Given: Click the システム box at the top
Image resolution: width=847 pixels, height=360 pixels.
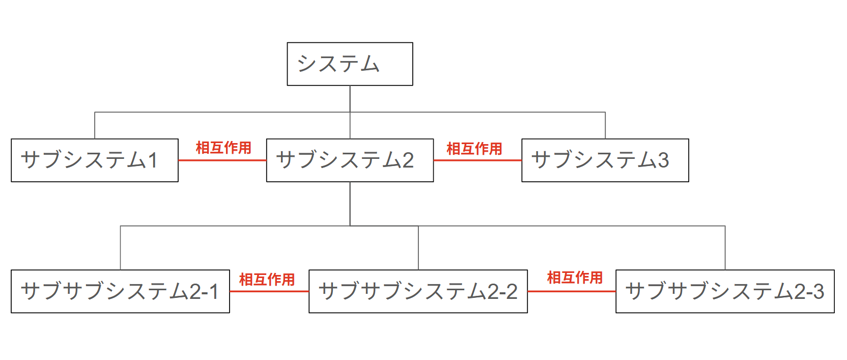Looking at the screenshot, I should point(350,64).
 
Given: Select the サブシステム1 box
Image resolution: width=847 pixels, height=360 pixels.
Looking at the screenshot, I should point(95,160).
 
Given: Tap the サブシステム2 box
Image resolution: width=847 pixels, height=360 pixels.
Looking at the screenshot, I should point(350,160).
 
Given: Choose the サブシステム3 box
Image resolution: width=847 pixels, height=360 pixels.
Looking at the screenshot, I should point(605,160).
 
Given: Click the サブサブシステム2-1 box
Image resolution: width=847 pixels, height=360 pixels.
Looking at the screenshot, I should point(120,291).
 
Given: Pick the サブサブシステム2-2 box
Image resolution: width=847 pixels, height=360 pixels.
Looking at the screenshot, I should point(418,291).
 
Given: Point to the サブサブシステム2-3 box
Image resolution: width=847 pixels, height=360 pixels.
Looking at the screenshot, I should point(725,291).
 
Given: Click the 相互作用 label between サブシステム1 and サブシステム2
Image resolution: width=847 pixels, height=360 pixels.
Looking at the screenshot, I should point(223,148).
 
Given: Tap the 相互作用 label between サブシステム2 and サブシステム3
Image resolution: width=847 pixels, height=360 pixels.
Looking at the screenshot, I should point(474,149).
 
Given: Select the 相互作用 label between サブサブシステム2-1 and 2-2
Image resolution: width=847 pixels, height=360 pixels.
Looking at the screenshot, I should point(267,280).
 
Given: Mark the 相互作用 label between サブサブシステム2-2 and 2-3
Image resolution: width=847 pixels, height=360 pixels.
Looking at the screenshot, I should point(575,278).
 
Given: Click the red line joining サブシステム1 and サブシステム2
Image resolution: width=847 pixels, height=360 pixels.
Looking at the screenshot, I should point(222,160).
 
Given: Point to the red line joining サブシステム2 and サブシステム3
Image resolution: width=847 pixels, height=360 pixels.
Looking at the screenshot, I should point(477,160).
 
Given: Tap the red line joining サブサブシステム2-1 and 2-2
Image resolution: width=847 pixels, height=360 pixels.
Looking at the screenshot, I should point(269,291).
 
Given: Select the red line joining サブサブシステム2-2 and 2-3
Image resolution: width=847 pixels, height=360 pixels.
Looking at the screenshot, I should point(572,291).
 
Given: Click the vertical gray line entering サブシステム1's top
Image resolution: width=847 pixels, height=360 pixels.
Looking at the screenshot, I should point(95,125).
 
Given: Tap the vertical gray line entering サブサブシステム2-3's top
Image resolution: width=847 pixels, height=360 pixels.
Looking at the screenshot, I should point(725,248).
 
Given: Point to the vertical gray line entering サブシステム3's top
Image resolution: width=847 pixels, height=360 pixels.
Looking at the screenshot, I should point(605,125).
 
